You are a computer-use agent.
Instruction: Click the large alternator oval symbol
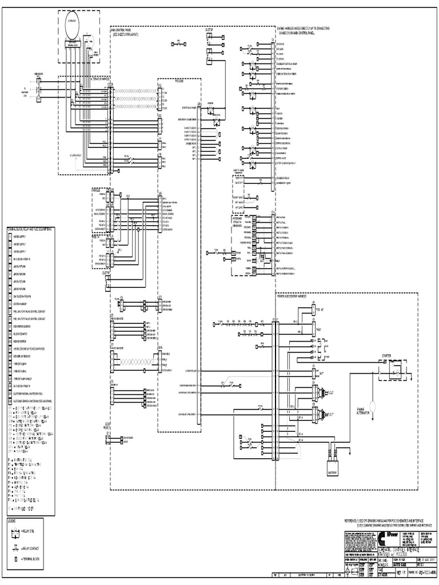tap(73, 27)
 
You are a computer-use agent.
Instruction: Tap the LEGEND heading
tap(12, 522)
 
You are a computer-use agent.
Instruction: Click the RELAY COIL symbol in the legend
tap(14, 534)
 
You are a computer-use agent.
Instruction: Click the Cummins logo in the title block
tap(381, 537)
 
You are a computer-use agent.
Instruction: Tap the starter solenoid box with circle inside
tap(394, 372)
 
